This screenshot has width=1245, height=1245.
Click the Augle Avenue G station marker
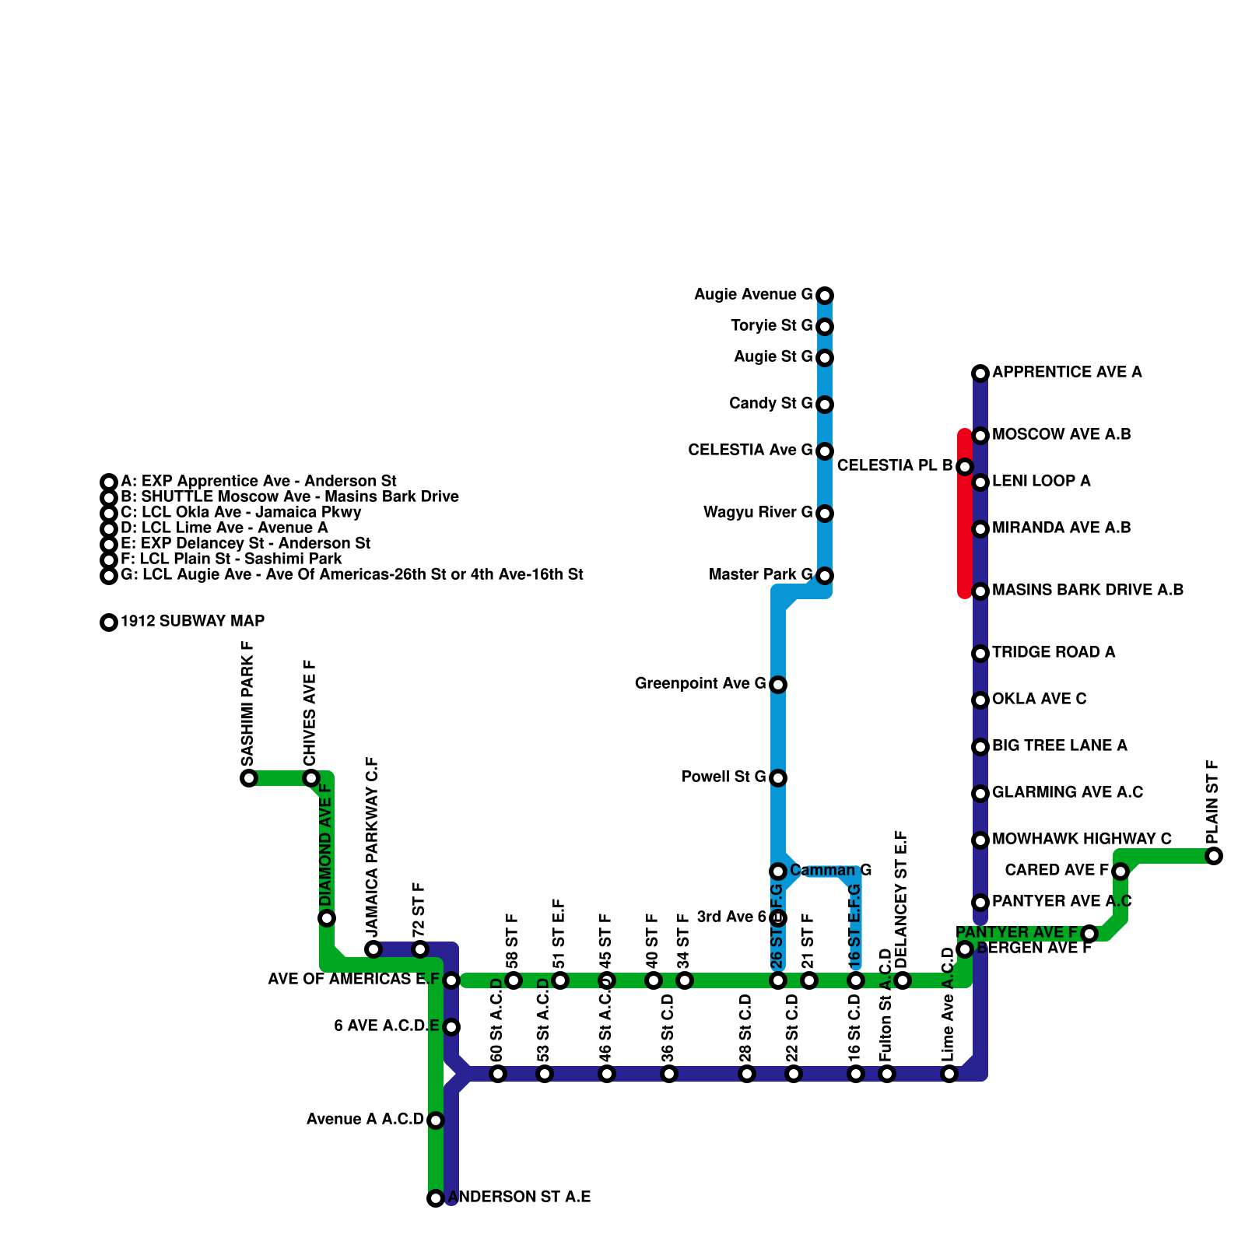pyautogui.click(x=825, y=296)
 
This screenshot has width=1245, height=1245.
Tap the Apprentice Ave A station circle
pyautogui.click(x=980, y=373)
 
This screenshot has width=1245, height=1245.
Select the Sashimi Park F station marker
pyautogui.click(x=249, y=778)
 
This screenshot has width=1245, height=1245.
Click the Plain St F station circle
pyautogui.click(x=1214, y=856)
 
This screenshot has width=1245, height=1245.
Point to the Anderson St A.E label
pyautogui.click(x=519, y=1197)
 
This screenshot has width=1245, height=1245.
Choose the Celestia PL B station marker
pyautogui.click(x=965, y=467)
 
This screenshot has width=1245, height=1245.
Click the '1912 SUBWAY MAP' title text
pyautogui.click(x=192, y=621)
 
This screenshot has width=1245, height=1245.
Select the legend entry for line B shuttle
pyautogui.click(x=289, y=496)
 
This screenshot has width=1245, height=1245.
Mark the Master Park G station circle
pyautogui.click(x=825, y=576)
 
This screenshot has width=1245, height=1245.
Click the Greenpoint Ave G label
pyautogui.click(x=700, y=683)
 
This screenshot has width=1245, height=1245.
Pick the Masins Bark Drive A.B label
pyautogui.click(x=1088, y=590)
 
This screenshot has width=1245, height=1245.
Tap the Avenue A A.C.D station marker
pyautogui.click(x=436, y=1120)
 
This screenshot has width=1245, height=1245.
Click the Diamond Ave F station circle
pyautogui.click(x=327, y=918)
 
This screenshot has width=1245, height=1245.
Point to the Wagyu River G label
pyautogui.click(x=758, y=512)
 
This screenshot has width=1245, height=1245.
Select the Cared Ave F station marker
pyautogui.click(x=1120, y=871)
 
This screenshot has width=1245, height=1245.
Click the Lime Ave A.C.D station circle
pyautogui.click(x=949, y=1074)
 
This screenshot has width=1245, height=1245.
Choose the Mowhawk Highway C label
pyautogui.click(x=1082, y=839)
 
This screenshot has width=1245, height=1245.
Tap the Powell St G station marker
pyautogui.click(x=778, y=778)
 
